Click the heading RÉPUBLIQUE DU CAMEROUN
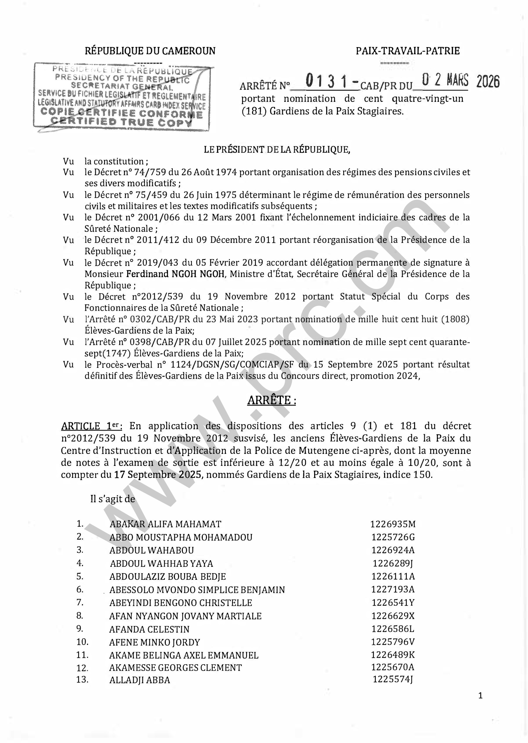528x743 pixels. [150, 51]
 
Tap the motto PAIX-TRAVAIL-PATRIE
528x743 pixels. [408, 51]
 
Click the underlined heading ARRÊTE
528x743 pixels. [271, 400]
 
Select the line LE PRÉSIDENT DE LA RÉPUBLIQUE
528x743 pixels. [277, 150]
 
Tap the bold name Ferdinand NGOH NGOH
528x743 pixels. [175, 274]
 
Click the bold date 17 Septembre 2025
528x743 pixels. [158, 475]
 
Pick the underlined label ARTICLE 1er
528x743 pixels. [91, 426]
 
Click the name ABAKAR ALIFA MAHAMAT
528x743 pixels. [165, 524]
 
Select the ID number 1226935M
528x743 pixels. [393, 524]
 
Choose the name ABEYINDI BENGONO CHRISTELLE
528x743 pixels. [180, 603]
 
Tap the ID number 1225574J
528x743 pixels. [393, 679]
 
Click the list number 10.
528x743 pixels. [82, 642]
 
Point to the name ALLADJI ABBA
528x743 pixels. [140, 680]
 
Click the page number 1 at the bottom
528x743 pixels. [481, 696]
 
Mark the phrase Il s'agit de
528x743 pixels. [113, 499]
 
